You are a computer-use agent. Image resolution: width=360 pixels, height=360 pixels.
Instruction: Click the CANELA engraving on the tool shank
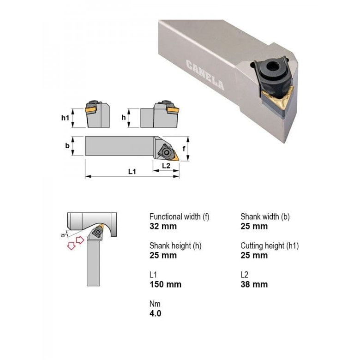(x=205, y=75)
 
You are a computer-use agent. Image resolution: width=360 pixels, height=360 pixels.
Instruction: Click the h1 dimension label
(x=66, y=118)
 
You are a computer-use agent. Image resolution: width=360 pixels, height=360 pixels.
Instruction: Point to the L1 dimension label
(x=132, y=171)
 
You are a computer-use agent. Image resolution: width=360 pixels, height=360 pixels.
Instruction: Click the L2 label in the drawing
(x=166, y=165)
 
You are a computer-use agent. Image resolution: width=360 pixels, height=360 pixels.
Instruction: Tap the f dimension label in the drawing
(x=184, y=149)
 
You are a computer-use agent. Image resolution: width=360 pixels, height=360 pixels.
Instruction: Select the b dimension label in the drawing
(x=67, y=146)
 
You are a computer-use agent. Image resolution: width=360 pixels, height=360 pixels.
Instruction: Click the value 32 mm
(x=163, y=226)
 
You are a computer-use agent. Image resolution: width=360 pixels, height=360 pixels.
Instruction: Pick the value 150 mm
(x=165, y=284)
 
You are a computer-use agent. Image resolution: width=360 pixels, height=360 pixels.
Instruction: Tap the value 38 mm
(x=254, y=284)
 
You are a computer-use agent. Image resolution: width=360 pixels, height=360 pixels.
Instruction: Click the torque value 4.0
(x=156, y=314)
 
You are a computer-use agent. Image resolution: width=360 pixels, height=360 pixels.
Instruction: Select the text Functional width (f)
(x=179, y=216)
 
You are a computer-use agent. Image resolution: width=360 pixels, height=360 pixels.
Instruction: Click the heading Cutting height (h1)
(x=270, y=246)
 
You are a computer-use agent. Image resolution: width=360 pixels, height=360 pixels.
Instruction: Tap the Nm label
(x=155, y=304)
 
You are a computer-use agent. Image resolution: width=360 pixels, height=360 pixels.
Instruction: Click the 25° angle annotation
(x=63, y=235)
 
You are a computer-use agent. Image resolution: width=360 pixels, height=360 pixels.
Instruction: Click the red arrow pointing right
(x=79, y=240)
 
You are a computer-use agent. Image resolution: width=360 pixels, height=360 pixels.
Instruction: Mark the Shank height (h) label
(x=175, y=246)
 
